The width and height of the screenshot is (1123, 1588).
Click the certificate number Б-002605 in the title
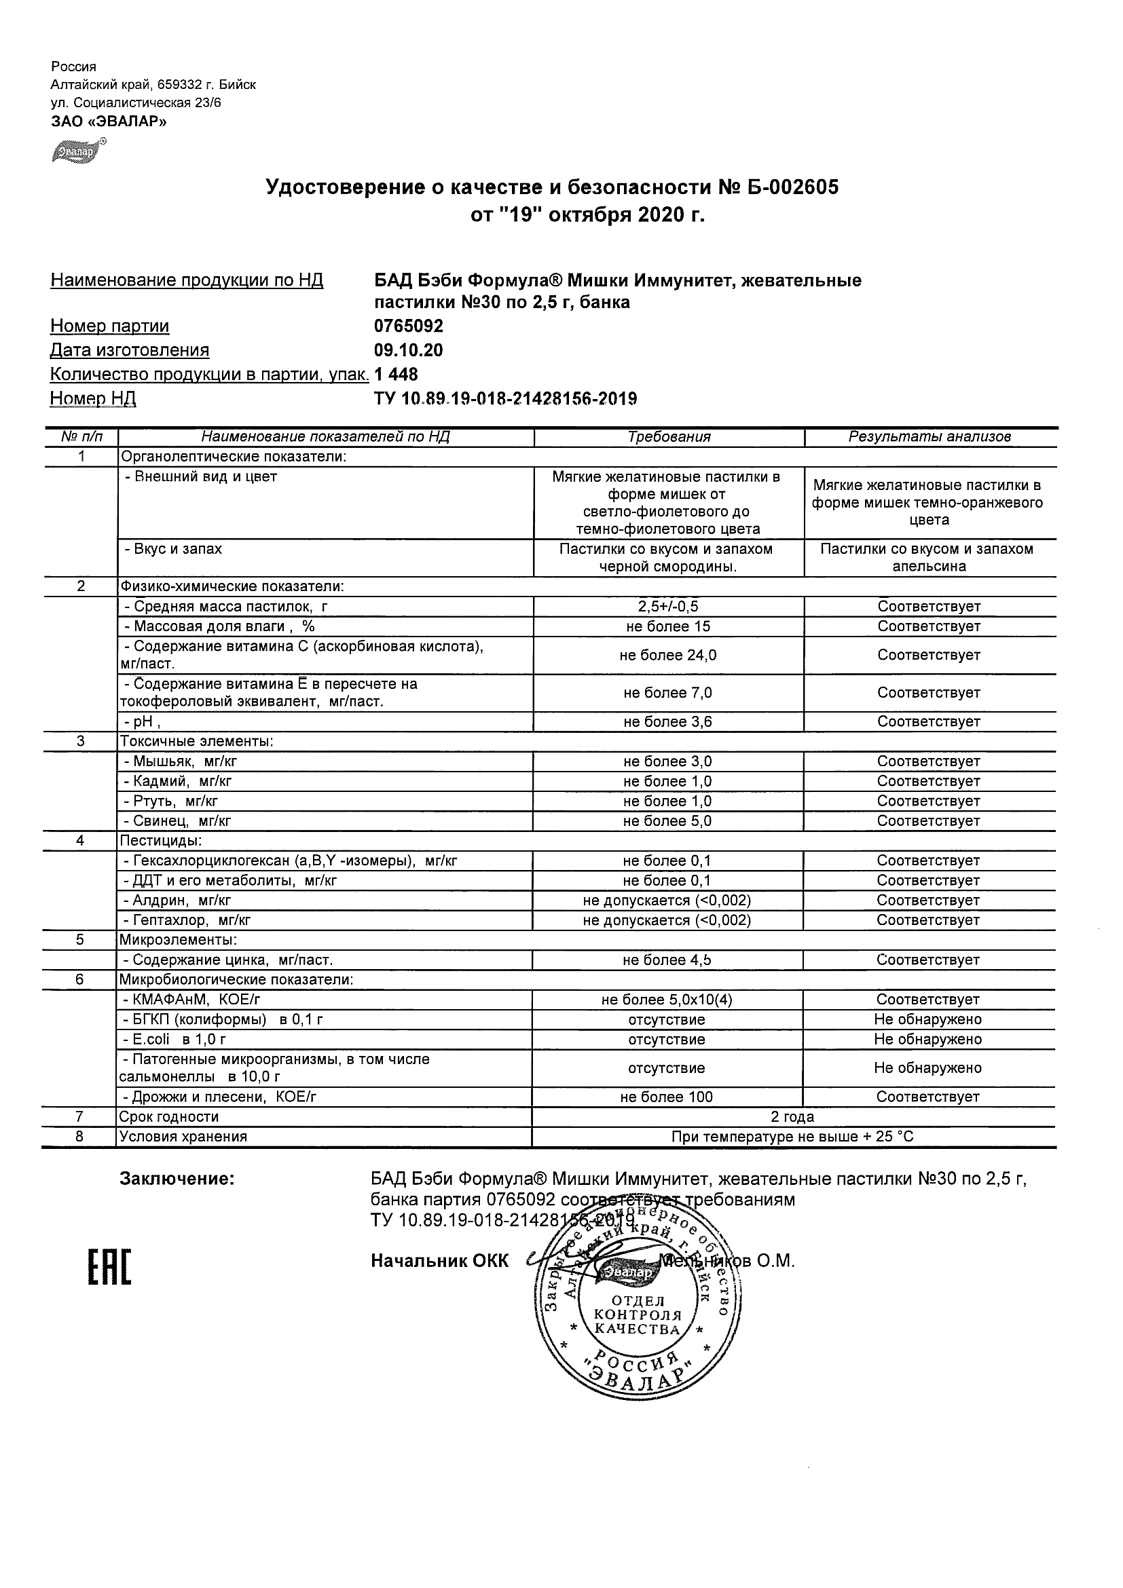coord(793,187)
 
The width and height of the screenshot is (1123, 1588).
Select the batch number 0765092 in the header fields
coord(408,326)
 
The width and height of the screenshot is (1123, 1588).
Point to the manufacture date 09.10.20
coord(408,350)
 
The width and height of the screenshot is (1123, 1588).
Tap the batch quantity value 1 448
coord(396,374)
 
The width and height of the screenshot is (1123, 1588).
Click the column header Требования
coord(668,437)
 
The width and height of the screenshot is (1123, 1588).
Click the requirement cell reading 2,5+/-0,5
coord(667,607)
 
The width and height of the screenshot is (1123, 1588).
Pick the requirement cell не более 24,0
coord(667,655)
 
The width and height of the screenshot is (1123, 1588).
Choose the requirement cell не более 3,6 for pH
coord(667,722)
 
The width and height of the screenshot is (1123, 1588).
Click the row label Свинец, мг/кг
coord(177,821)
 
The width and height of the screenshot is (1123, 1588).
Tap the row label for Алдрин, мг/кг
coord(177,901)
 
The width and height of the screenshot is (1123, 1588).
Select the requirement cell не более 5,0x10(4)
coord(666,1000)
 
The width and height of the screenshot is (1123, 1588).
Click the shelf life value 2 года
coord(792,1117)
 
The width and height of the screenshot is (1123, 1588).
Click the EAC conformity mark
coord(109,1268)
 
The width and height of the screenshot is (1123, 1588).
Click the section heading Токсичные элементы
coord(196,742)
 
